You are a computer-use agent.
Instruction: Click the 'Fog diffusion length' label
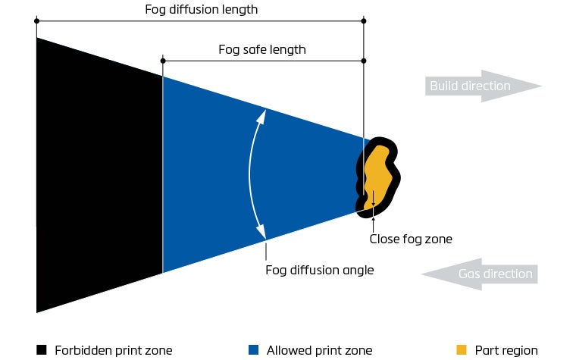tap(201, 10)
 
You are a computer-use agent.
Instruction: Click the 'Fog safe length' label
tap(261, 50)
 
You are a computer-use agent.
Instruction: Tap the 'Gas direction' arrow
tap(480, 274)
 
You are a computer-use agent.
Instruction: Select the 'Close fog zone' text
tap(410, 239)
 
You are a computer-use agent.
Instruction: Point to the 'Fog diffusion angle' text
tap(319, 269)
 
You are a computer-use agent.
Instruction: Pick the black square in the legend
tap(42, 350)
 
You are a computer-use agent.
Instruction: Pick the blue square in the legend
tap(254, 350)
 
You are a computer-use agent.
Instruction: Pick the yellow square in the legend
tap(462, 350)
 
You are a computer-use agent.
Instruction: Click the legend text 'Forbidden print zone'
tap(113, 350)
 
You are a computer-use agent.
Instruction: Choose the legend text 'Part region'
tap(506, 350)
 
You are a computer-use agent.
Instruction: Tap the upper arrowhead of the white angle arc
tap(262, 115)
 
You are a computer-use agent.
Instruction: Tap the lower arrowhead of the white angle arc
tap(262, 233)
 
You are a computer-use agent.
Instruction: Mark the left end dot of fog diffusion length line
tap(36, 20)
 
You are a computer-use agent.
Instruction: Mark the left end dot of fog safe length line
tap(163, 61)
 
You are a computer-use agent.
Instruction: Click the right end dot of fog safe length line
tap(364, 61)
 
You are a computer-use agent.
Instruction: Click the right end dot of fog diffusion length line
tap(364, 20)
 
